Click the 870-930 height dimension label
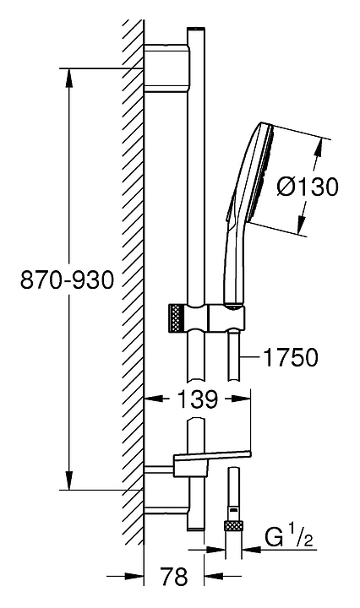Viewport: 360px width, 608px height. point(67,280)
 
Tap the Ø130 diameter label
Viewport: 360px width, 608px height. point(308,187)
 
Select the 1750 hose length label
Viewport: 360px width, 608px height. point(291,357)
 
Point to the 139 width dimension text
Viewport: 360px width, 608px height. point(198,399)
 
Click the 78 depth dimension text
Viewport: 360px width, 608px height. point(174,576)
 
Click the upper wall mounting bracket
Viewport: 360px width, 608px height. point(167,68)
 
